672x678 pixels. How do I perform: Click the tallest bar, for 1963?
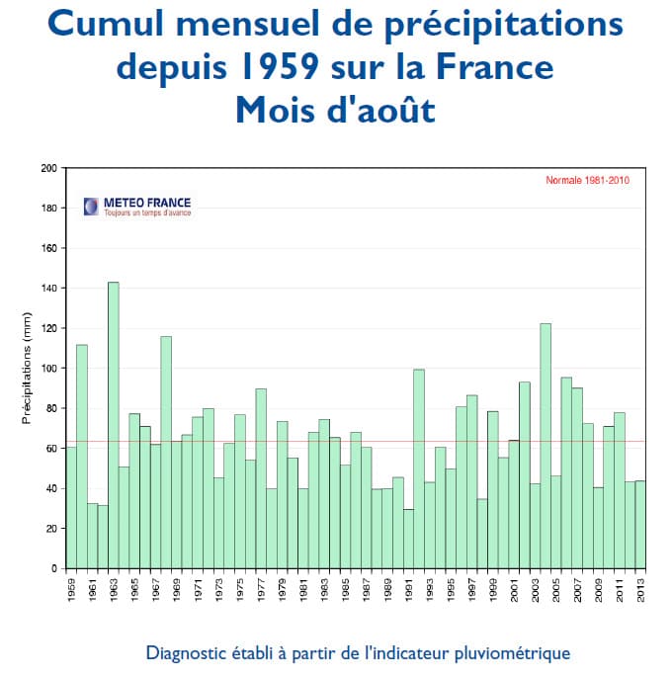click(x=114, y=425)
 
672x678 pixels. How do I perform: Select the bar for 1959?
click(x=71, y=507)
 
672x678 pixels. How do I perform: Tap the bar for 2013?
click(x=641, y=524)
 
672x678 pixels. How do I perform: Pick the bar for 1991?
click(x=409, y=539)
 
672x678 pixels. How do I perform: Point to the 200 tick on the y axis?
click(x=48, y=168)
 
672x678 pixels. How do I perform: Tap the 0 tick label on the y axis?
click(x=54, y=569)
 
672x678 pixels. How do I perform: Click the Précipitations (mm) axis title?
click(x=28, y=368)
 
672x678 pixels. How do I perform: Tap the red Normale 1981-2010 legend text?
click(x=587, y=180)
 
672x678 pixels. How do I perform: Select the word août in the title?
click(x=395, y=109)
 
